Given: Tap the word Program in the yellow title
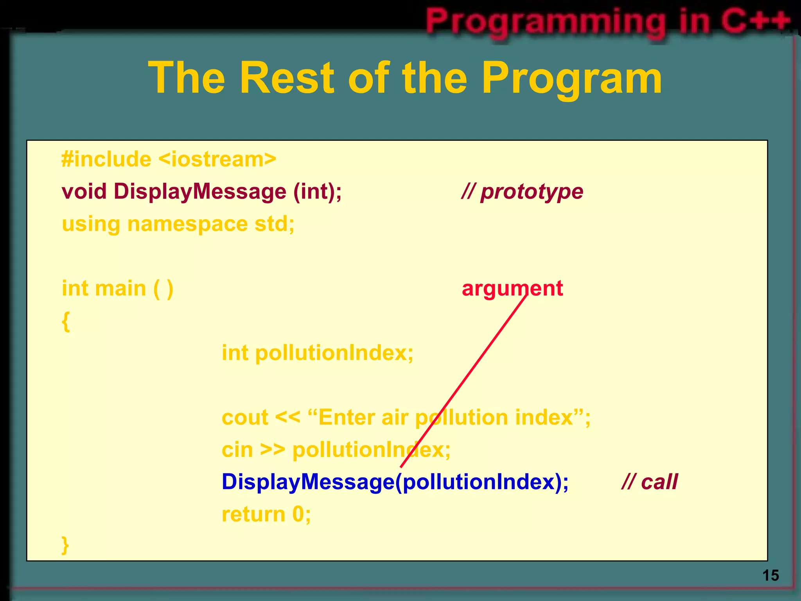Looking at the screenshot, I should point(571,78).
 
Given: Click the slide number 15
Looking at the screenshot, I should point(770,576).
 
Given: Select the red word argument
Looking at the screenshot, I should point(512,289).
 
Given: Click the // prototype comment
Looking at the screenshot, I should point(522,192).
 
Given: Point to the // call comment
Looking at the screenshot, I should point(650,482).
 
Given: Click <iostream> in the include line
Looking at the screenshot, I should point(217,160).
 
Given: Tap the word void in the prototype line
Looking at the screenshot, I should point(84,192).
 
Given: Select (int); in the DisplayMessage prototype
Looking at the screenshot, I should point(318,192).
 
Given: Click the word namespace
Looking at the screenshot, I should point(187,224).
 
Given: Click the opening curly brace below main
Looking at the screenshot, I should point(66,322).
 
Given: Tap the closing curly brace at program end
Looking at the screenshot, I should point(65,545).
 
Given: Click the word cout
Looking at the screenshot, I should point(245,417).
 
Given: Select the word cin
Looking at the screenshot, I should point(237,450).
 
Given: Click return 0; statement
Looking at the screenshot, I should point(266,514).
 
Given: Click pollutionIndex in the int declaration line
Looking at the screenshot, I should point(334,353).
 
